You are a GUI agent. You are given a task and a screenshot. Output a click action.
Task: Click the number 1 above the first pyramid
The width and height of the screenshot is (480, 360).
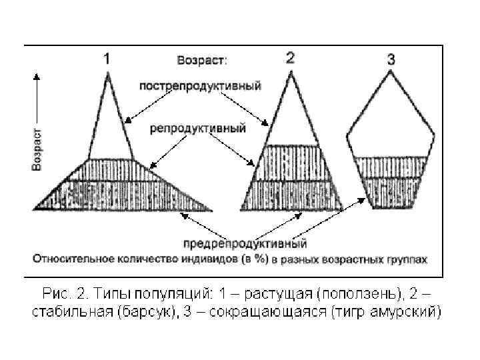[107, 59]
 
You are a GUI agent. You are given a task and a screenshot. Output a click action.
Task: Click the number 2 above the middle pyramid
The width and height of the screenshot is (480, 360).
[290, 57]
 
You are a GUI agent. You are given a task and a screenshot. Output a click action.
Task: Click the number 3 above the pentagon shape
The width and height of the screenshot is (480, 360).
[391, 59]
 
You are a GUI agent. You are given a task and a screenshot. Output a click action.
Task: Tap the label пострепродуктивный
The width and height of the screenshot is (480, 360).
[200, 85]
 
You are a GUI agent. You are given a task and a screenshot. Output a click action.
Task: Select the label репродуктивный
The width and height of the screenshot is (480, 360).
[198, 127]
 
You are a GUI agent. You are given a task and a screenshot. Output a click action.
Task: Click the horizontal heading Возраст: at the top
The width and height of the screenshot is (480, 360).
[201, 60]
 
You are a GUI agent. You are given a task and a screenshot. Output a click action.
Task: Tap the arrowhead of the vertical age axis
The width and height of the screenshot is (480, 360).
[37, 76]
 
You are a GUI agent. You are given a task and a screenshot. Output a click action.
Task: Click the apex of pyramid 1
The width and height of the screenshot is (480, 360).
[107, 71]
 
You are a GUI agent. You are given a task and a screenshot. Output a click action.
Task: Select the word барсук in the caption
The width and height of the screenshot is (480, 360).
[141, 311]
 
